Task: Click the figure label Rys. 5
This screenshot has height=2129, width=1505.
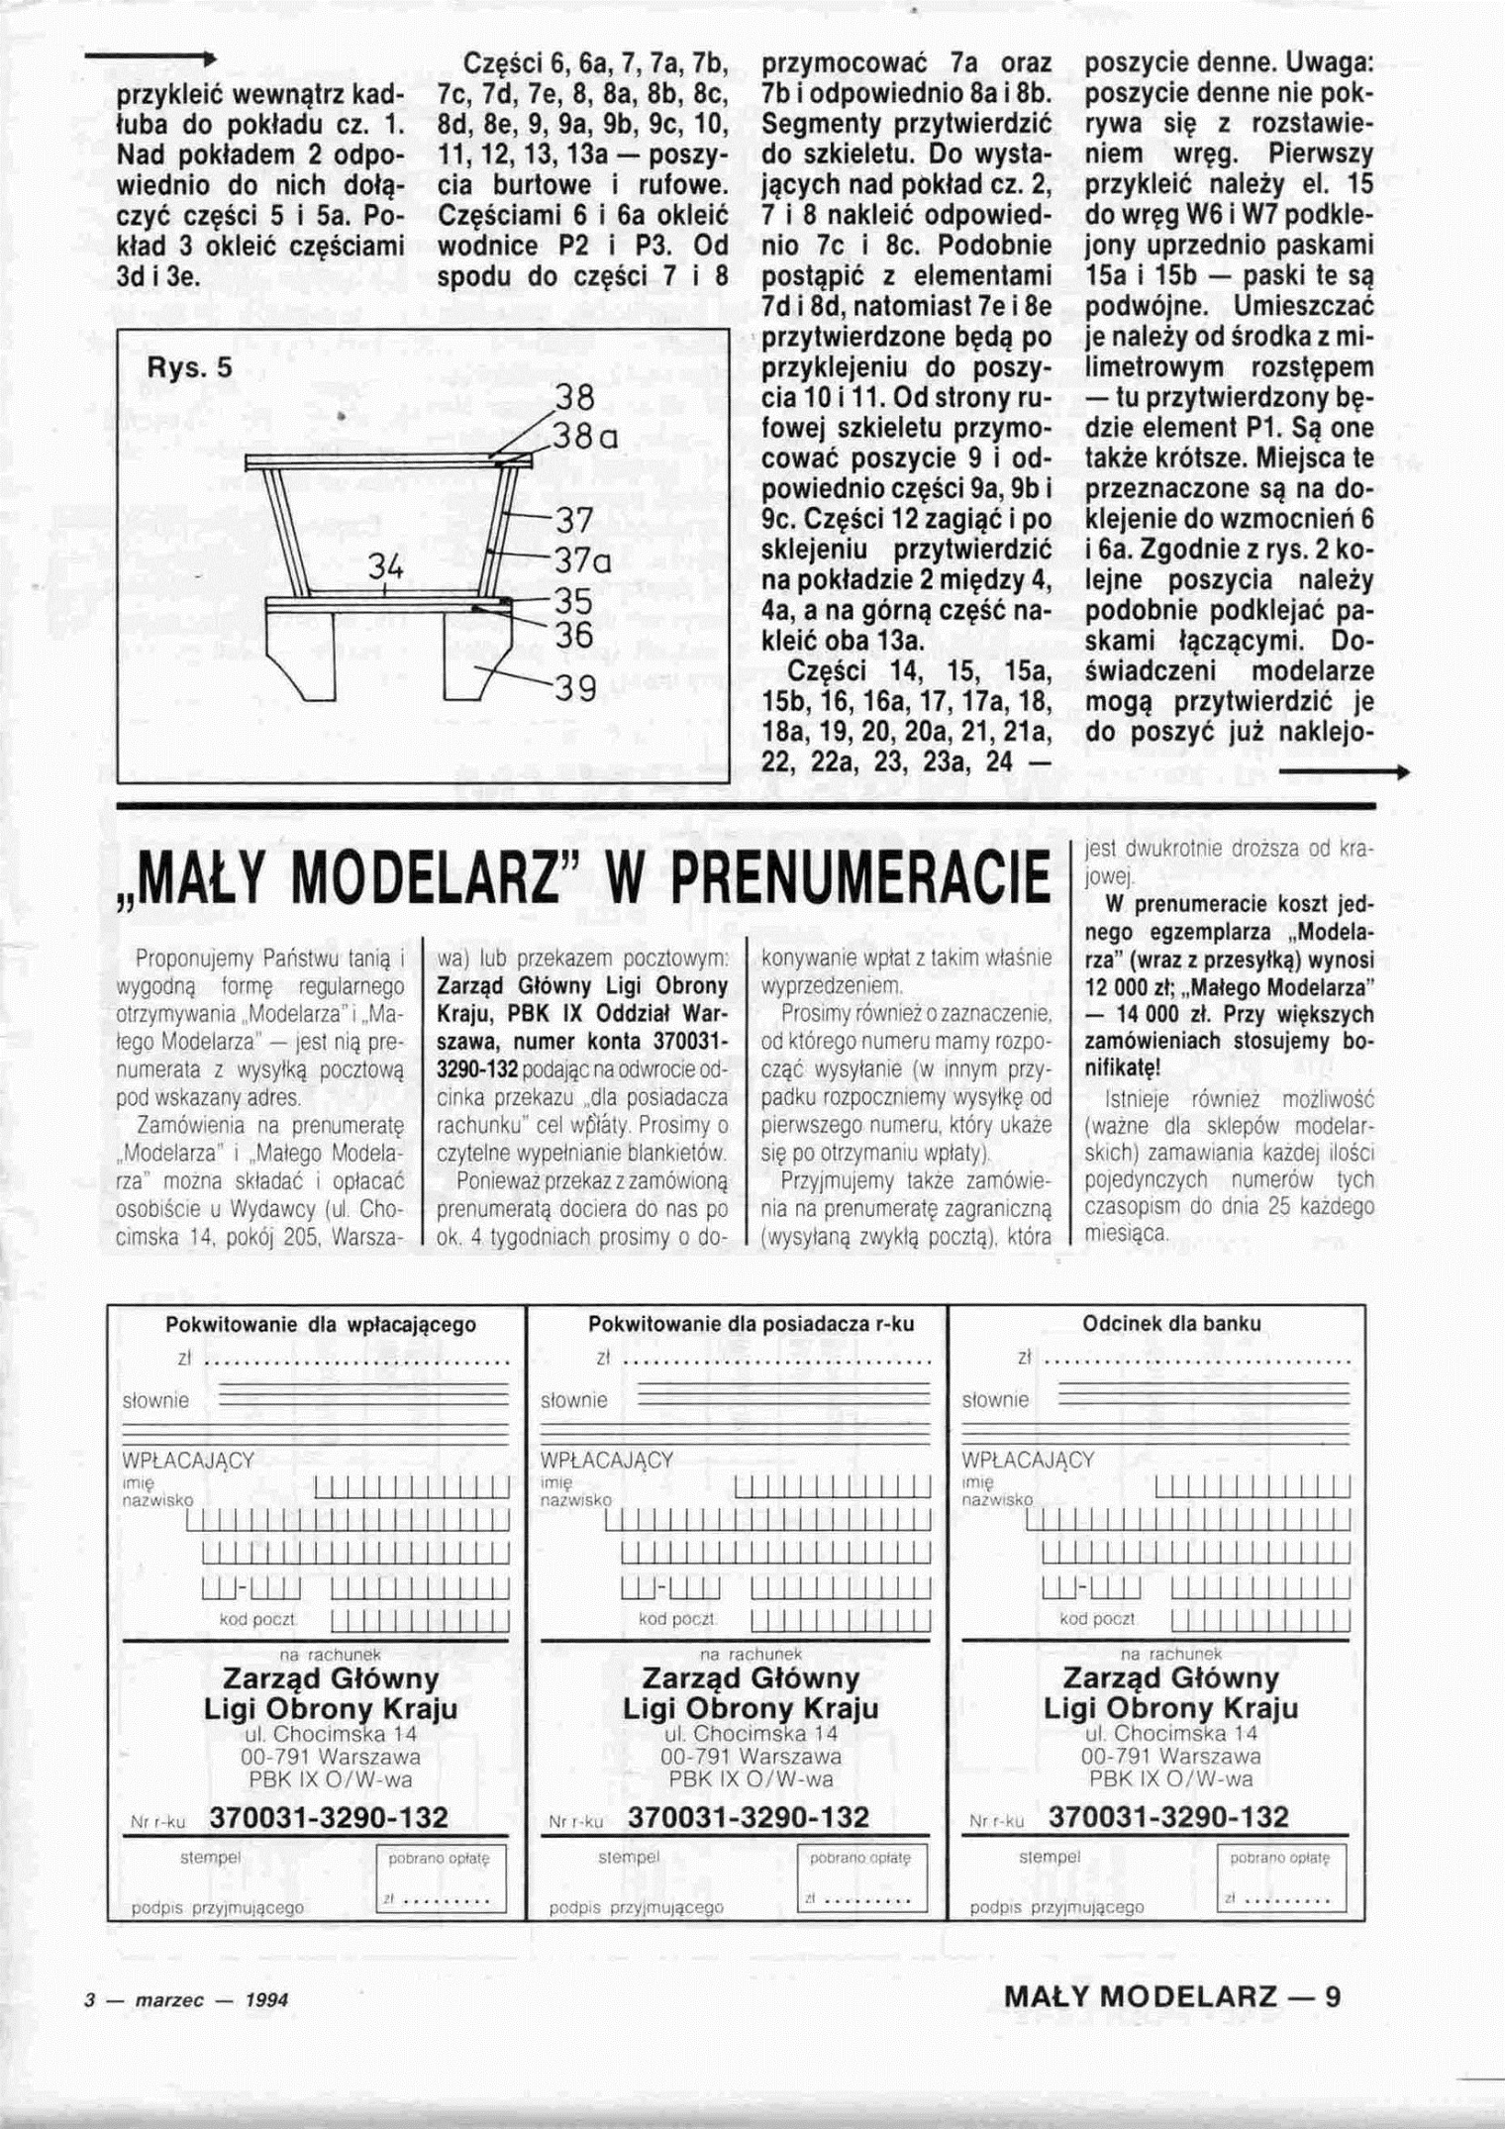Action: click(189, 367)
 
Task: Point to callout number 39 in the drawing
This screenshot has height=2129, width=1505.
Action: click(573, 687)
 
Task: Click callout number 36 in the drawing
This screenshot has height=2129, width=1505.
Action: click(573, 635)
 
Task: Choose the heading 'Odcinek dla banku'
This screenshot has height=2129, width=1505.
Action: click(1171, 1324)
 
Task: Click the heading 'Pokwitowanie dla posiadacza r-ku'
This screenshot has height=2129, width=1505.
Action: click(751, 1325)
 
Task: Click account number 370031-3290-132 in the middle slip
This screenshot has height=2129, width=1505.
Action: click(749, 1817)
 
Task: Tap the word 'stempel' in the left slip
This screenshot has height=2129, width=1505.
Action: click(210, 1858)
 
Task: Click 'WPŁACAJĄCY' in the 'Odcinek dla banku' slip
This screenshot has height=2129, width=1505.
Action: click(1028, 1460)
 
